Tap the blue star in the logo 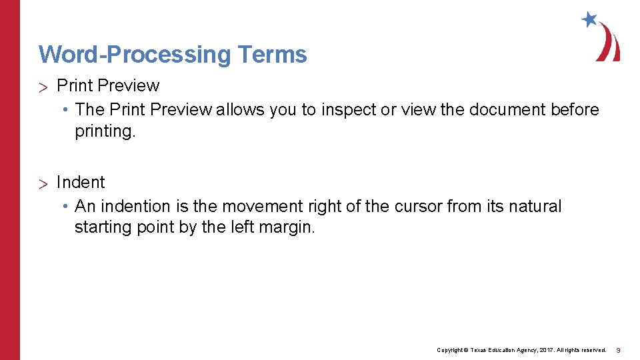tap(589, 19)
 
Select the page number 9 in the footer tap(618, 350)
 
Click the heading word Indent tap(81, 182)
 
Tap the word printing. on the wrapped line tap(105, 131)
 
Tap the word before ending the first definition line tap(575, 109)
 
